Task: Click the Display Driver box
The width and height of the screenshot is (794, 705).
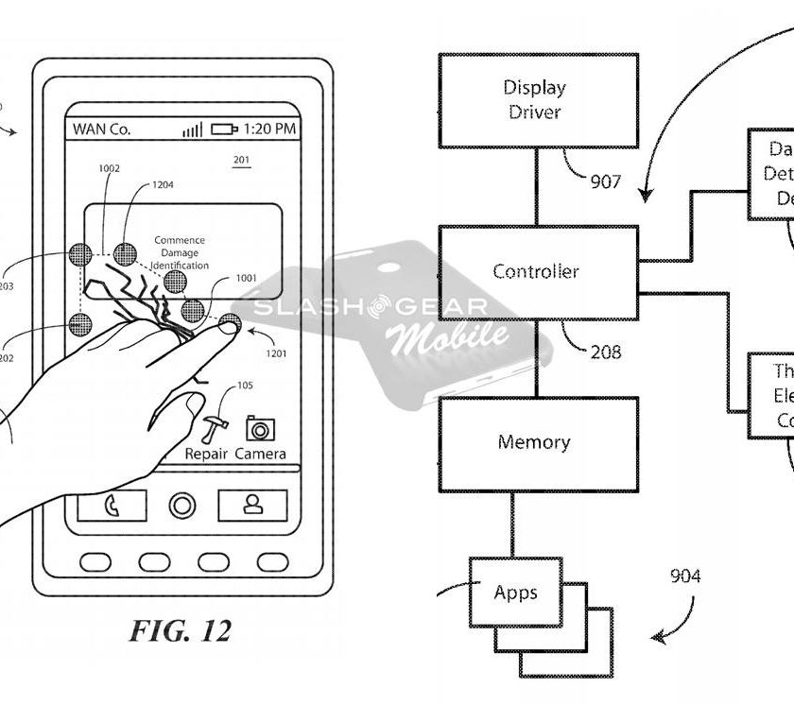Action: pos(535,99)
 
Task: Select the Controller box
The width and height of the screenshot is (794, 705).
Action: pos(536,272)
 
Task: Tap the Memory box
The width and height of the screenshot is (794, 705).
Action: pos(535,442)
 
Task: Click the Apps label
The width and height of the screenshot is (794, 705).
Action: pos(515,593)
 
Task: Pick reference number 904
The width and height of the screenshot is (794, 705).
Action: pos(685,576)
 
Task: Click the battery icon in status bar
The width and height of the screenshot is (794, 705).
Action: pos(224,129)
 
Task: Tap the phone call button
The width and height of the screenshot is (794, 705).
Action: pos(112,507)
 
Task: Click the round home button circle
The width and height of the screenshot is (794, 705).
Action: pos(182,507)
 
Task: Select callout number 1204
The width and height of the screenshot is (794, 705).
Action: pos(164,187)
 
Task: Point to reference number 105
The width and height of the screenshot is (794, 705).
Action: pos(246,385)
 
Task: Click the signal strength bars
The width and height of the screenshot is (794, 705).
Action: pos(192,129)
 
